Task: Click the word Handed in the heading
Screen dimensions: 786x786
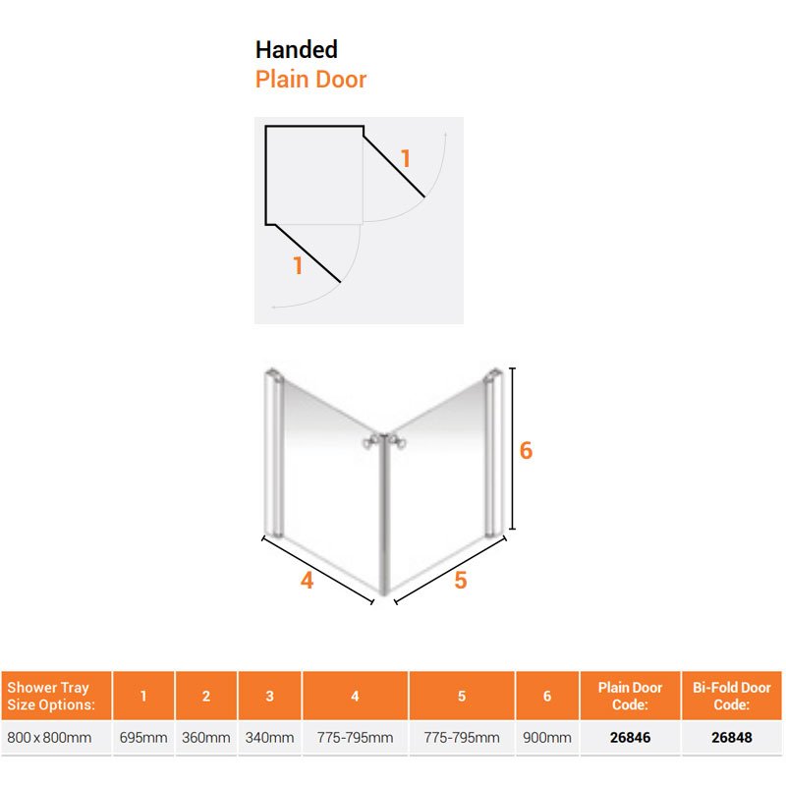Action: [297, 50]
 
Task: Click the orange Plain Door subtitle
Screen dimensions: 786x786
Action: [310, 80]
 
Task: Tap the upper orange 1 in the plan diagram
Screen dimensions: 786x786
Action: [406, 159]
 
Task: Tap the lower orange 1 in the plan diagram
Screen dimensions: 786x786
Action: [298, 265]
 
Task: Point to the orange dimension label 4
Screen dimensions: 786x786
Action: [307, 581]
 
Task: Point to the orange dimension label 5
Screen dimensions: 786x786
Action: [461, 581]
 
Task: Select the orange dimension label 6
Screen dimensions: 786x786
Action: [526, 450]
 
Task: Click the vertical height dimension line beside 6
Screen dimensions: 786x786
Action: [512, 448]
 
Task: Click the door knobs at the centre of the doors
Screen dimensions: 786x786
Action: [384, 441]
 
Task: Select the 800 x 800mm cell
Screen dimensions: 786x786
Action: [49, 738]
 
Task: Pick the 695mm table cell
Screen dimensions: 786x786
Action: [143, 738]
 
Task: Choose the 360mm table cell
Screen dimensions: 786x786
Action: [206, 738]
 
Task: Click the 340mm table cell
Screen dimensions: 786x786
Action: [269, 738]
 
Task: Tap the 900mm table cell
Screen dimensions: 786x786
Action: [547, 738]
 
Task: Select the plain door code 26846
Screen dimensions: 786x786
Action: [630, 738]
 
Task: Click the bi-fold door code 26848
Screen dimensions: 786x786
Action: [731, 738]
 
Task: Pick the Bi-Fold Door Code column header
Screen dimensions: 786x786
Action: [731, 696]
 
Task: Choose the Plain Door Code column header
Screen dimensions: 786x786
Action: [630, 696]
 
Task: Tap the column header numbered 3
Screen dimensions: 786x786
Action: [269, 696]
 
